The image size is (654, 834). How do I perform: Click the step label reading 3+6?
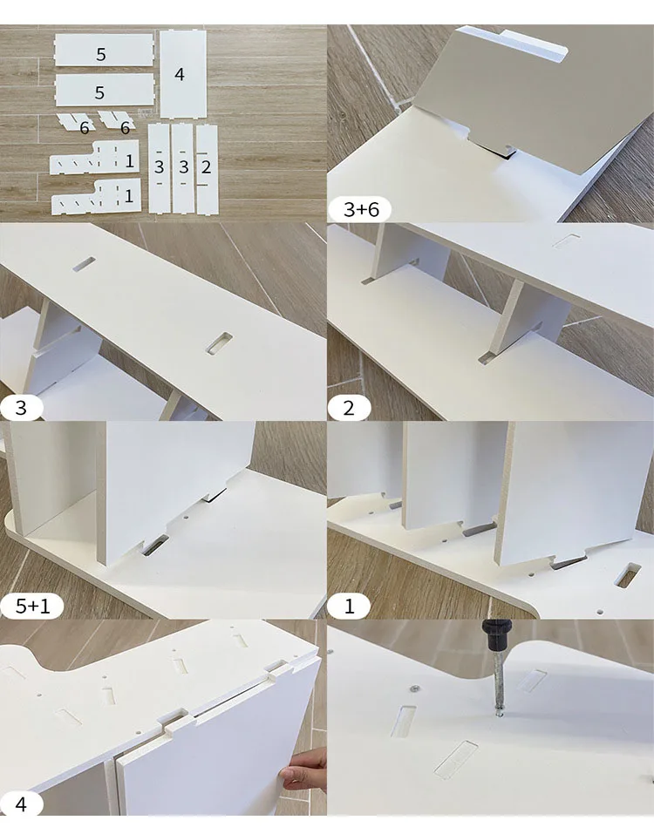click(361, 209)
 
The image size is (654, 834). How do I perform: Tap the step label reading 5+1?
click(32, 606)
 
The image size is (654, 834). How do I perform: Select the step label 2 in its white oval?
click(349, 408)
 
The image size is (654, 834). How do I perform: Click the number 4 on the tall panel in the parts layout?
click(180, 74)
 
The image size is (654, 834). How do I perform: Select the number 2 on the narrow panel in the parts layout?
click(207, 167)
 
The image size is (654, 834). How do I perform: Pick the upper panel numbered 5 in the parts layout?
click(105, 50)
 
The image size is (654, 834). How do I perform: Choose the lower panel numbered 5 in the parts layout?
click(105, 90)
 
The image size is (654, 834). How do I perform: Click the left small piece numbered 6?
click(77, 122)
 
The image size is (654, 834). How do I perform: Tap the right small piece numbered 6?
click(117, 120)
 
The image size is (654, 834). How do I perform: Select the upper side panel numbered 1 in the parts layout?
click(95, 158)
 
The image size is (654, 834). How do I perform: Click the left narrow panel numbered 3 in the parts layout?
click(159, 168)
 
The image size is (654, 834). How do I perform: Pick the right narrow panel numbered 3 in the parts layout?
click(183, 168)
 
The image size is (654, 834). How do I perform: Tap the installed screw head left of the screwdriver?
click(413, 689)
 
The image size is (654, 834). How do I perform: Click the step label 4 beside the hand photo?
click(21, 803)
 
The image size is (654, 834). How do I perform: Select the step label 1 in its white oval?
click(349, 606)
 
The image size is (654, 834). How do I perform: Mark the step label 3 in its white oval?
click(21, 408)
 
